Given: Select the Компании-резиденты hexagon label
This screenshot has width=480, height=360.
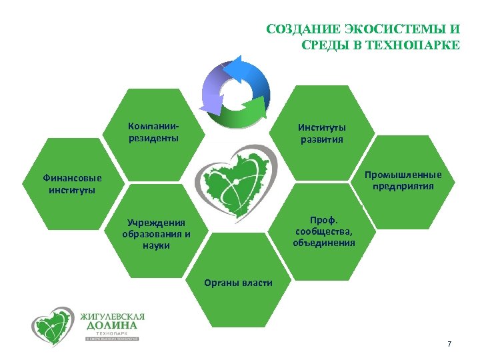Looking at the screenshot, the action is [x=153, y=132].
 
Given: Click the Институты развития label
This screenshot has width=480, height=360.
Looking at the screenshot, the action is [x=321, y=133].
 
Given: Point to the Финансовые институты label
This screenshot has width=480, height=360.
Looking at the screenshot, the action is [x=72, y=184].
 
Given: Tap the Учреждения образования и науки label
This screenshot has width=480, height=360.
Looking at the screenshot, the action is [x=156, y=234].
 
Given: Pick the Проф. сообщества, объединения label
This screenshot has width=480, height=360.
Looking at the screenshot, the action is [x=324, y=231].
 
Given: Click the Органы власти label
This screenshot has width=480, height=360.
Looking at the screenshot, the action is [x=238, y=283].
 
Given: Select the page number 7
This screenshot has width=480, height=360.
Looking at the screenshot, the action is [x=449, y=344].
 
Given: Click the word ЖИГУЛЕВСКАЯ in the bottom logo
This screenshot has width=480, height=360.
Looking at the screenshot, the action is [x=111, y=316].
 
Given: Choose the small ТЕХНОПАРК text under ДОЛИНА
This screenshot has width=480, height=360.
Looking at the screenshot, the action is [x=112, y=333].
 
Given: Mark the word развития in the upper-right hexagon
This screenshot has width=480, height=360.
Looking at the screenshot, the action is [x=321, y=139].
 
